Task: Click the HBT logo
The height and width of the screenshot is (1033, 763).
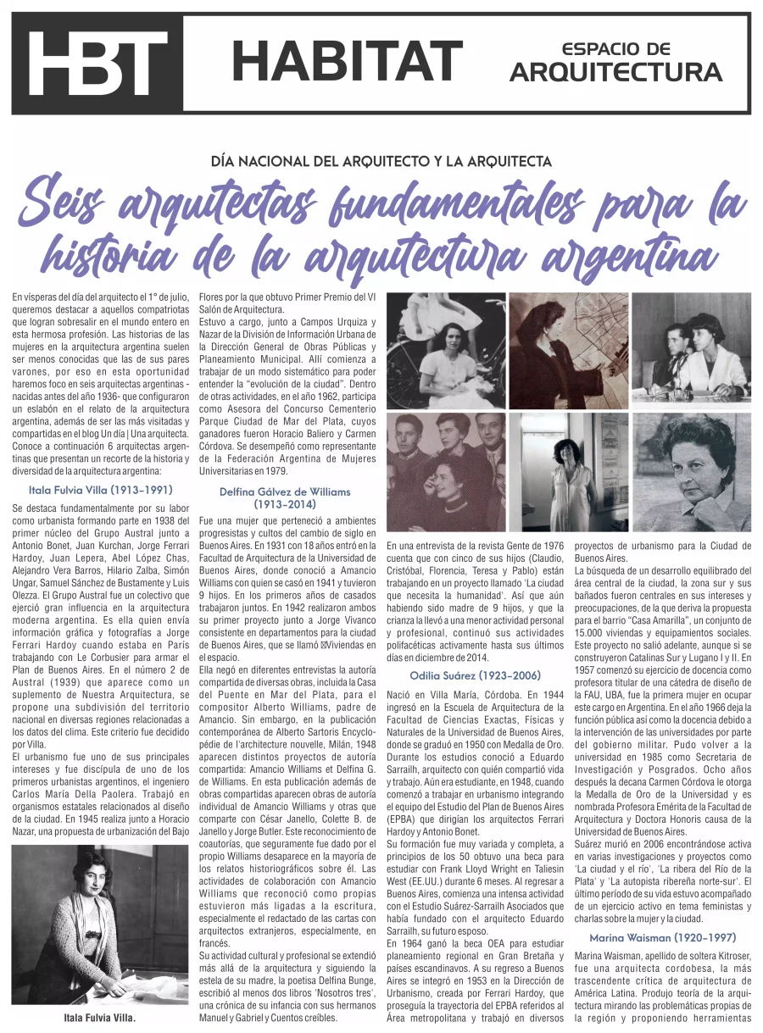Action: coord(97,63)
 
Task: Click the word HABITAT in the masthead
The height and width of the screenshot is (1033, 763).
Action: coord(347,61)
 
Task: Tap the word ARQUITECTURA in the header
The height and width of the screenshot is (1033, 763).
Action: coord(615,73)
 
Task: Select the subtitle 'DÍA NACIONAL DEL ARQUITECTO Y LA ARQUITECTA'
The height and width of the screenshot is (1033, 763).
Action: coord(381,161)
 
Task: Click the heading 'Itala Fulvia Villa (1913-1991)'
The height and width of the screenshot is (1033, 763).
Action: coord(100,490)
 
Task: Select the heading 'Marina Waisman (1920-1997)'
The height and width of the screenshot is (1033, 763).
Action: coord(662,937)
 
